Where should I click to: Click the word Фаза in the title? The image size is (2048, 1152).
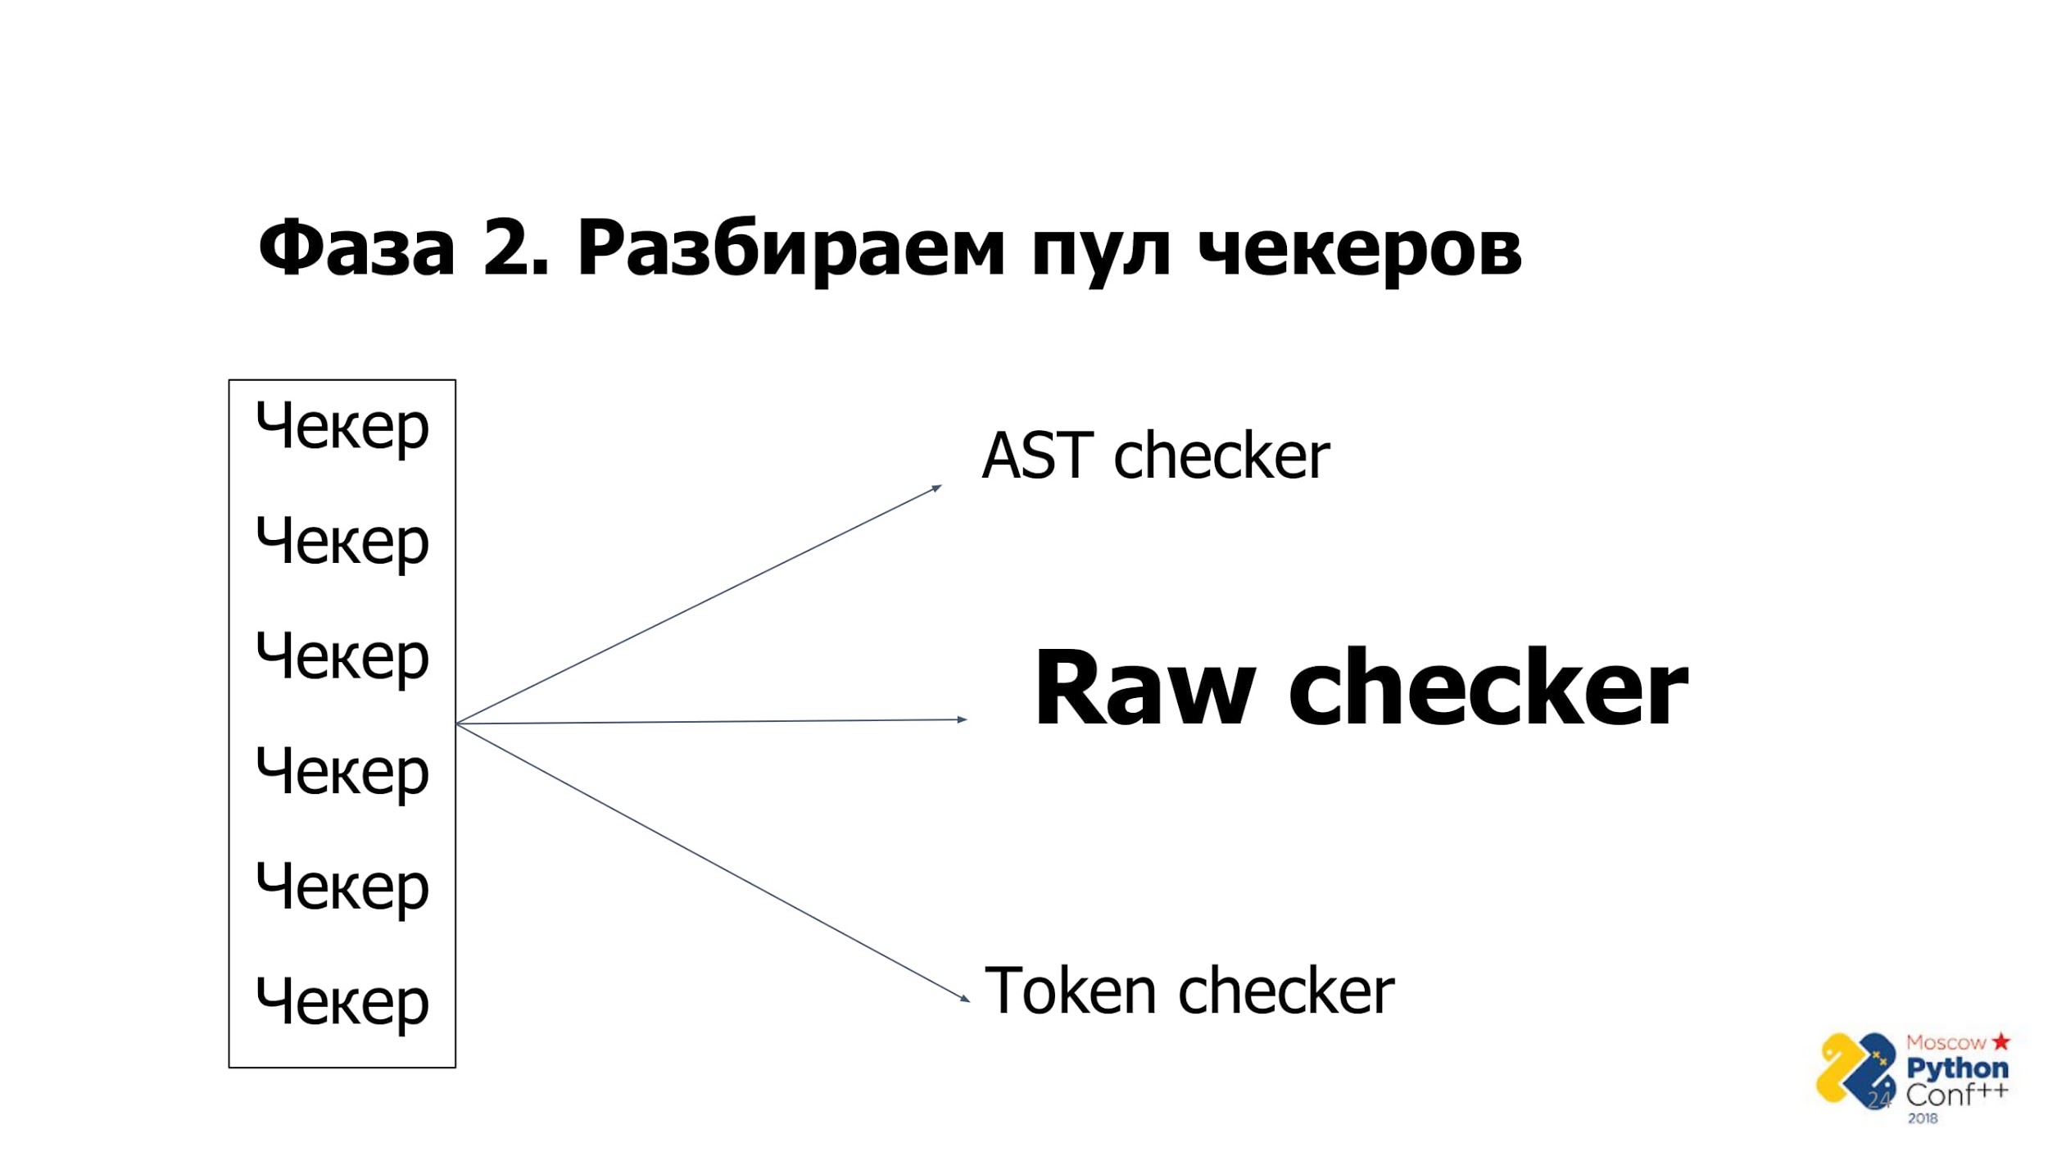pyautogui.click(x=356, y=247)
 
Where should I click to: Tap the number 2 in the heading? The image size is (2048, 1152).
pyautogui.click(x=508, y=247)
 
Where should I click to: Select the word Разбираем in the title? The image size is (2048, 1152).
pyautogui.click(x=791, y=249)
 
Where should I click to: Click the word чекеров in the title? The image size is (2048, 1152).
pyautogui.click(x=1360, y=249)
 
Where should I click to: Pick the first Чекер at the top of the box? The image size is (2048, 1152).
pyautogui.click(x=342, y=426)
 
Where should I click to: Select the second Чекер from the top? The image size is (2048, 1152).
pyautogui.click(x=342, y=542)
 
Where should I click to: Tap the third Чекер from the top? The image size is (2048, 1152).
pyautogui.click(x=342, y=656)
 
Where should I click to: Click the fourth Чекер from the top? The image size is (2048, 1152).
pyautogui.click(x=342, y=772)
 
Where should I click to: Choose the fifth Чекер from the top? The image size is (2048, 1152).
pyautogui.click(x=342, y=887)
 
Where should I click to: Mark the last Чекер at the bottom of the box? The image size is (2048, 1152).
pyautogui.click(x=342, y=1002)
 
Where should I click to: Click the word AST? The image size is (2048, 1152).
pyautogui.click(x=1037, y=456)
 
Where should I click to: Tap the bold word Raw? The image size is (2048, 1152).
pyautogui.click(x=1144, y=688)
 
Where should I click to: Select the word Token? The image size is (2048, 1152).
pyautogui.click(x=1070, y=991)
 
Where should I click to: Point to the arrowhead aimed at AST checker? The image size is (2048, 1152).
pyautogui.click(x=937, y=488)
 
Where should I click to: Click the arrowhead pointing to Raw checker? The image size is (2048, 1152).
pyautogui.click(x=963, y=719)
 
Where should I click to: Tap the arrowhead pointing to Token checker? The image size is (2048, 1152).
pyautogui.click(x=965, y=999)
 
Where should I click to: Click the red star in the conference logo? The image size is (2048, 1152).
pyautogui.click(x=2001, y=1041)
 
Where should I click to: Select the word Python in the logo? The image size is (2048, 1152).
pyautogui.click(x=1957, y=1068)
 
